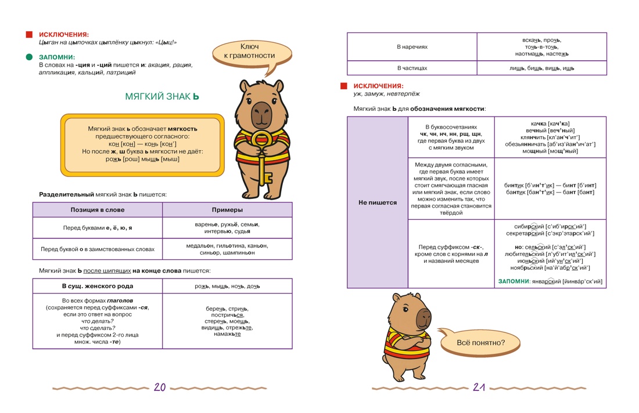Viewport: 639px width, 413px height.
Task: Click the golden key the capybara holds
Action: pos(261,159)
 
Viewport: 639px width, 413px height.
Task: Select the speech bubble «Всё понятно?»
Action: pos(479,343)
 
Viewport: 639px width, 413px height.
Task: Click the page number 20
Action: pos(160,387)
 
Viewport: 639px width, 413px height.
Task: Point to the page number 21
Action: pos(479,387)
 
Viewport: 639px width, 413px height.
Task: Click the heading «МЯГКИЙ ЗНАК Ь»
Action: pos(162,96)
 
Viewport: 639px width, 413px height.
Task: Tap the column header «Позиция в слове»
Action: pos(98,210)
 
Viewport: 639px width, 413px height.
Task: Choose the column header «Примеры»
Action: pos(227,210)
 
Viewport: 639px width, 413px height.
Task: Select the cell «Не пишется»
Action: pos(378,202)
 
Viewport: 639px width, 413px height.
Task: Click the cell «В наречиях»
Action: pos(412,47)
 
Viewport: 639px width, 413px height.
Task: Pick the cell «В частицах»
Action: pos(412,68)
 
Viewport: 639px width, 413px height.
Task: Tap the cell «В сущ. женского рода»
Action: pos(98,286)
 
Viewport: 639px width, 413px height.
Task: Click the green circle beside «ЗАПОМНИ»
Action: pos(30,57)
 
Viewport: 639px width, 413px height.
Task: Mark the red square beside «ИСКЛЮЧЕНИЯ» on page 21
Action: pos(343,86)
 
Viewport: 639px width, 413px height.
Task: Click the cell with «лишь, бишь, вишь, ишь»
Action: pos(541,68)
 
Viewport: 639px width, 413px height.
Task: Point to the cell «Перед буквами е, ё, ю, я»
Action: pos(98,228)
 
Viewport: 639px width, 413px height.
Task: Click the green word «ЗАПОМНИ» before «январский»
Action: pos(514,281)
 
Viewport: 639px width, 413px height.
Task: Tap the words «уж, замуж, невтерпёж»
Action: pos(386,93)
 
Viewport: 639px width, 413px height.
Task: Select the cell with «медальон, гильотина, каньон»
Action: pos(227,249)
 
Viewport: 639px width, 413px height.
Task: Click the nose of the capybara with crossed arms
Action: pos(424,317)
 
